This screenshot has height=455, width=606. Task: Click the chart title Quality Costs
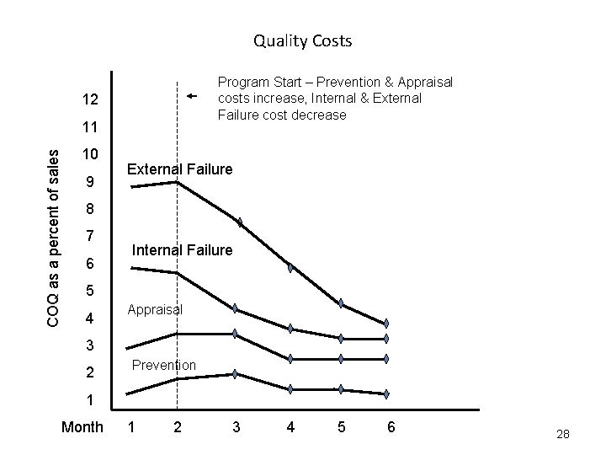point(302,40)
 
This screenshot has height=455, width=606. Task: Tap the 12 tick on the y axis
point(91,100)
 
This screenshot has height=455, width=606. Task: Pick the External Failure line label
point(179,169)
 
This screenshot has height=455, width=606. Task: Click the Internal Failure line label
point(182,250)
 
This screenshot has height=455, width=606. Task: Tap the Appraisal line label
point(155,309)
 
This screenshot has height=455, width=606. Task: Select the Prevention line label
point(164,365)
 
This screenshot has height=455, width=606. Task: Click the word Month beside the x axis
point(82,428)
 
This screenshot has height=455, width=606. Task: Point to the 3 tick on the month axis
point(236,428)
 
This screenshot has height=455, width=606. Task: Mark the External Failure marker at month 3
point(240,222)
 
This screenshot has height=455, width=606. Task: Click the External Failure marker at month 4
point(290,267)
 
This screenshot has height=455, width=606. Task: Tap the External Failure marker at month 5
point(341,302)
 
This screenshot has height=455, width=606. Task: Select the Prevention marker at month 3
point(236,373)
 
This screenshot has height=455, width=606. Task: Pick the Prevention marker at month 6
point(386,393)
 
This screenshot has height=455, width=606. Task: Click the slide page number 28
point(563,434)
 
